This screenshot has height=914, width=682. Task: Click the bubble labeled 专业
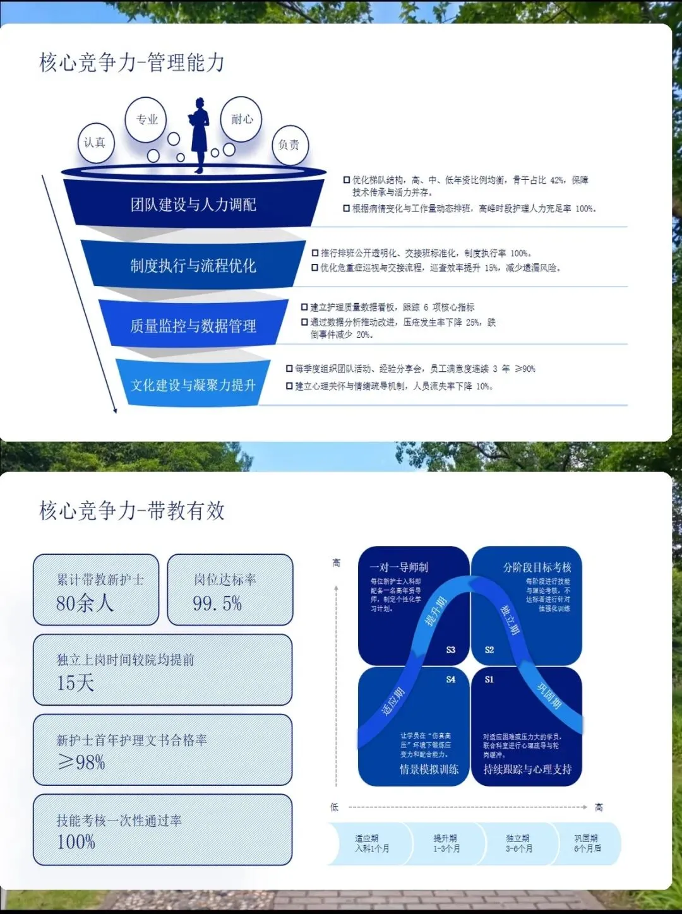147,119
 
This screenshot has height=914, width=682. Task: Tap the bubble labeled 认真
95,143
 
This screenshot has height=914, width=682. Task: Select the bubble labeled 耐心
242,119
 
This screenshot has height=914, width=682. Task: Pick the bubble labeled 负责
289,145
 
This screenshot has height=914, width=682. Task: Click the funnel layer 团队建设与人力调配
193,204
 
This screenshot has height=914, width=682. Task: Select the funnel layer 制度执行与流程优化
193,265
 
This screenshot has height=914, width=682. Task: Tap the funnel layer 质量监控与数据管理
193,326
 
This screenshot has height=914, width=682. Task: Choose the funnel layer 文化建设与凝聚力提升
193,384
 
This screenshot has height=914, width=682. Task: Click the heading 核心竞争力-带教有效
132,510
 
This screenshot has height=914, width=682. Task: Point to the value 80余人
85,603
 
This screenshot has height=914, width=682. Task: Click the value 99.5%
217,603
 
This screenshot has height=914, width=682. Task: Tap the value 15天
75,682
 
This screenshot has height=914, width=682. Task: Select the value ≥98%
81,763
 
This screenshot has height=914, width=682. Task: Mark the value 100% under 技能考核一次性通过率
76,841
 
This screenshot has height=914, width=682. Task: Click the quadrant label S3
450,650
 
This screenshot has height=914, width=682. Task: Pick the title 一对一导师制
398,567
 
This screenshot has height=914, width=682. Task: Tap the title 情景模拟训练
429,769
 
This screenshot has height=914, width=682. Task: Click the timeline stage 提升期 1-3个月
446,843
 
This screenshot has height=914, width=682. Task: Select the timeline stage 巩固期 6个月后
587,843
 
